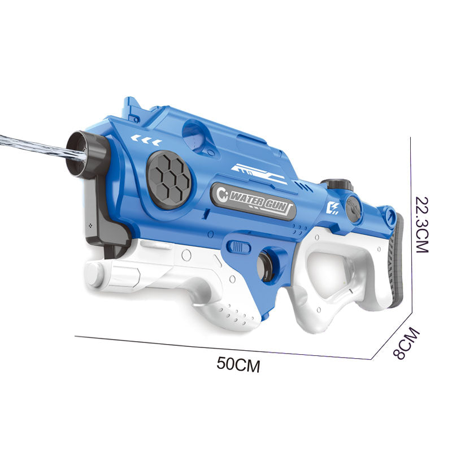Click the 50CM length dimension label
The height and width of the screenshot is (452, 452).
pyautogui.click(x=238, y=364)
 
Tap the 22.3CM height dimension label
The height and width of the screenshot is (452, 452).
pyautogui.click(x=422, y=224)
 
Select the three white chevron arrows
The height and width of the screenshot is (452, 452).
pyautogui.click(x=146, y=138)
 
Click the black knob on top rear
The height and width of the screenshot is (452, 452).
pyautogui.click(x=337, y=185)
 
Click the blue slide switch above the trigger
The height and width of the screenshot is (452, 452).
pyautogui.click(x=239, y=247)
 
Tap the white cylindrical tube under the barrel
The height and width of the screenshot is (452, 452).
pyautogui.click(x=113, y=275)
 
